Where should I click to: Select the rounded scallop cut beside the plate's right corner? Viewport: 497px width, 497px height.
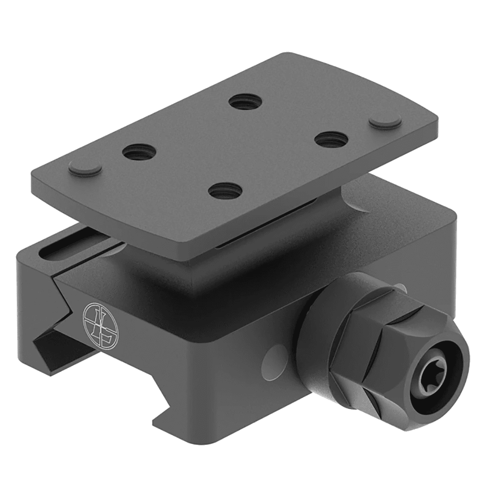(x=356, y=203)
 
